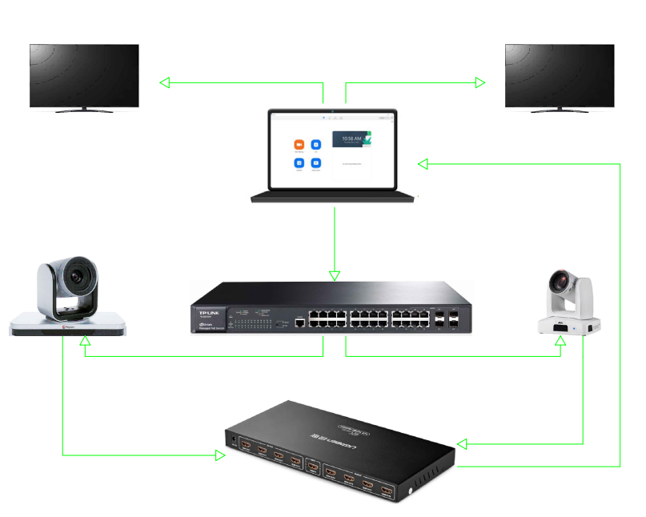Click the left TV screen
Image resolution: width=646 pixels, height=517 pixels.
84,74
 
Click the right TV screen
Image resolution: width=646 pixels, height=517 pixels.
560,74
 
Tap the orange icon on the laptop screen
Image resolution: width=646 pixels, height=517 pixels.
299,145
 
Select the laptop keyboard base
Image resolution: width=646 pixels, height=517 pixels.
333,197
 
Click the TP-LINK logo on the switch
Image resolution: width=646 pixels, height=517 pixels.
207,307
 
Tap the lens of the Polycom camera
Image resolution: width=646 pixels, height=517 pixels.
78,277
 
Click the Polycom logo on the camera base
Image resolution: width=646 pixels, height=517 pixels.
67,327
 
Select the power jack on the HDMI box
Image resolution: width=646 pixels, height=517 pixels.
233,440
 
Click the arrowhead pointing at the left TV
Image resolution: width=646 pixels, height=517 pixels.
165,82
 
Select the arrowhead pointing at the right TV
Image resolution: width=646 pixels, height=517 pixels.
480,82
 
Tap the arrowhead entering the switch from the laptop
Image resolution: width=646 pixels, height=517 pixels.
335,275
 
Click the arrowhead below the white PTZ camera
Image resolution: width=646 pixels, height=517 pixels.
560,341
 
